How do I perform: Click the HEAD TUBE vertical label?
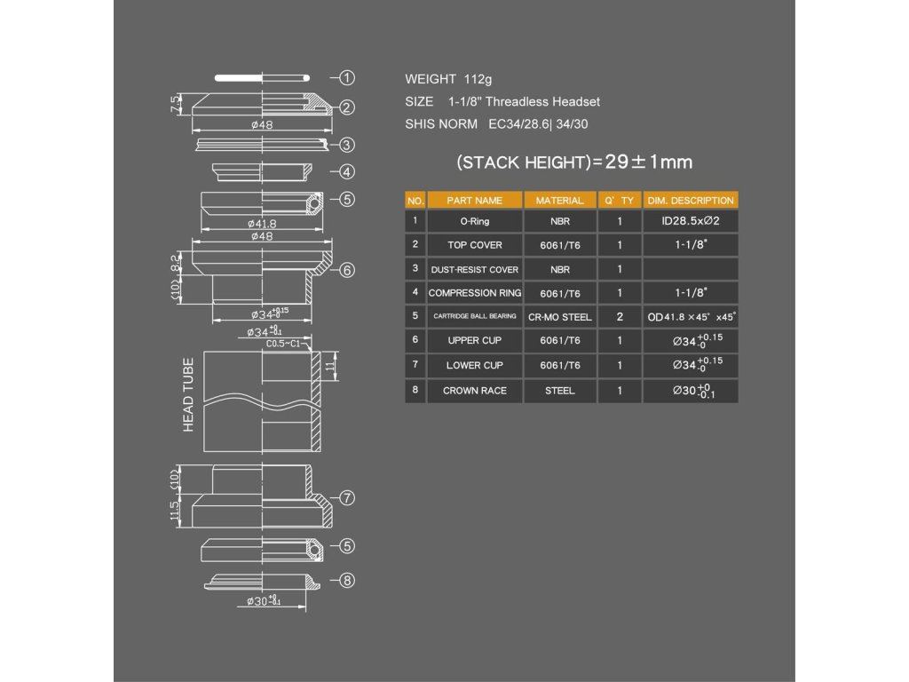pos(188,395)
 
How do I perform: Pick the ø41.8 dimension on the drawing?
pos(262,223)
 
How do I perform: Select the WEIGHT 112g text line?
pos(447,79)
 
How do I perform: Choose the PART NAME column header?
pos(474,201)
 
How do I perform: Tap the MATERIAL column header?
pos(559,201)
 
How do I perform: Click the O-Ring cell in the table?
pos(474,221)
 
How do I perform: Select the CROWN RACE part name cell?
pos(474,391)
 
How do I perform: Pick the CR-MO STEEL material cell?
pos(559,317)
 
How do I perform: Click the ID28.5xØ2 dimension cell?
pos(690,221)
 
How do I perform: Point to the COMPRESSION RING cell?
pos(474,293)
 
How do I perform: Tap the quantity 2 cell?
pos(620,317)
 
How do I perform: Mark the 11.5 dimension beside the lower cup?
pos(176,511)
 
